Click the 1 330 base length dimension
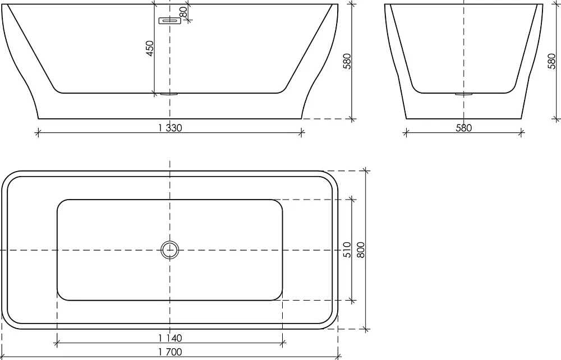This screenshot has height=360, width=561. tap(170, 128)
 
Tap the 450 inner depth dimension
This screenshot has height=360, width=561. tap(150, 48)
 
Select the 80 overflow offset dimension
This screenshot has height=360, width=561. tap(183, 12)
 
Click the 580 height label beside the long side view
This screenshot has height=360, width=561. tap(347, 61)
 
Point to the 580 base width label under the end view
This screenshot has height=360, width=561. tap(464, 128)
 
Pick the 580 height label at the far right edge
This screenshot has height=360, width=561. tap(551, 61)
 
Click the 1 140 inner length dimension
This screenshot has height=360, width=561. tap(170, 338)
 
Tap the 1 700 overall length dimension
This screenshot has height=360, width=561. tap(170, 352)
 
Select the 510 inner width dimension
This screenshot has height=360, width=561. tap(347, 250)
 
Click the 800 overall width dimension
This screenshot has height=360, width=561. tap(361, 250)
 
